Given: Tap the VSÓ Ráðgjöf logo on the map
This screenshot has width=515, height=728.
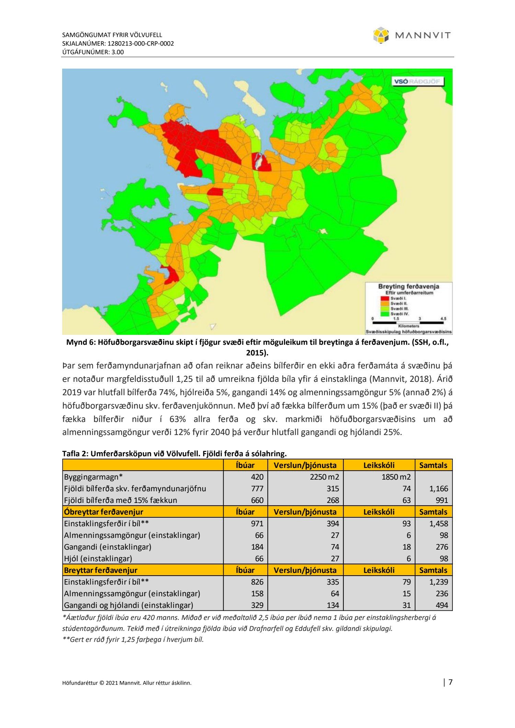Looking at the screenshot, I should [x=418, y=82].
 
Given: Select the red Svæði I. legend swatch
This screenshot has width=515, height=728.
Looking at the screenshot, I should [x=385, y=298].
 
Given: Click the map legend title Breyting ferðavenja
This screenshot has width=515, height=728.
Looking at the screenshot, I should [x=409, y=286].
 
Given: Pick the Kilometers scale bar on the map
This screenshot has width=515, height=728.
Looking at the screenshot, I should [x=408, y=322].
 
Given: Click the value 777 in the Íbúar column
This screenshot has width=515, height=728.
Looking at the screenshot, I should [x=257, y=489].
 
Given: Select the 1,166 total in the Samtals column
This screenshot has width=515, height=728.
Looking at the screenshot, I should [x=439, y=489].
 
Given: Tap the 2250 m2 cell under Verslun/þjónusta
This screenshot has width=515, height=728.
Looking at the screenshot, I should [x=324, y=477].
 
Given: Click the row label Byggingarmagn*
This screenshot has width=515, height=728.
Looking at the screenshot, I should [x=93, y=477].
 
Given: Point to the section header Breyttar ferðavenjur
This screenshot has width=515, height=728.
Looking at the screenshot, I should [x=101, y=570].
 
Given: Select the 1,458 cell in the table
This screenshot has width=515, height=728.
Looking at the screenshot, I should [x=439, y=524].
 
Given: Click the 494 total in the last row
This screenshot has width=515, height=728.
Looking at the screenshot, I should [x=442, y=605].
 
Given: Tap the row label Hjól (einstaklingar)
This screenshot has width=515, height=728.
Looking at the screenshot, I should [x=98, y=559].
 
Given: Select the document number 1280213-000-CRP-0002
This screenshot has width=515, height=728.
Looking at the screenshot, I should [x=141, y=44].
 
